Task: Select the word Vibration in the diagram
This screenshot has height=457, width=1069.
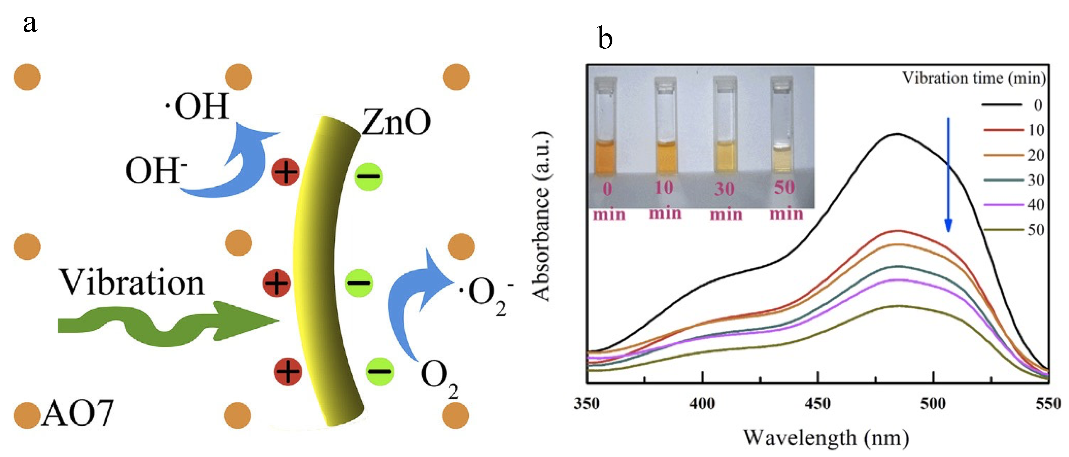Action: coord(132,283)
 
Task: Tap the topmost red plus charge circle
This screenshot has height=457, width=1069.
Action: coord(285,172)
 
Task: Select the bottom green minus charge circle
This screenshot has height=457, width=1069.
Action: coord(380,371)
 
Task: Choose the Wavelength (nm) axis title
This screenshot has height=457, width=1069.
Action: coord(826,438)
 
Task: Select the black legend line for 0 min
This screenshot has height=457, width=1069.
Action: coord(1002,105)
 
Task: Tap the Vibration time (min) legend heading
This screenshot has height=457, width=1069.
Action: coord(974,78)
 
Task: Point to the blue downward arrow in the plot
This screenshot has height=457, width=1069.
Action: coord(948,174)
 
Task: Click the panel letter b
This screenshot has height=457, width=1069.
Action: coord(605,38)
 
